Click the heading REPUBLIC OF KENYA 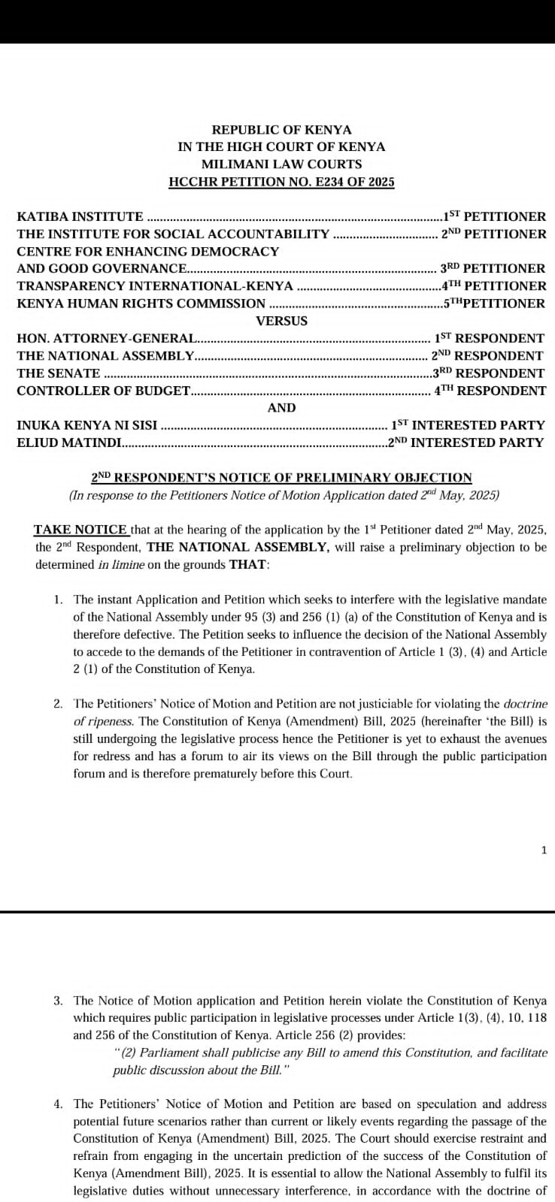tap(281, 130)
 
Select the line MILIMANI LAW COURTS tap(281, 165)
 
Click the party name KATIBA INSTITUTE tap(80, 216)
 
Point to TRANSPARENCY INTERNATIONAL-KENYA tap(155, 286)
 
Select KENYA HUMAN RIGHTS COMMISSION tap(141, 304)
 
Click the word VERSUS tap(281, 321)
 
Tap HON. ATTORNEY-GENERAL tap(106, 339)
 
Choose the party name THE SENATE tap(59, 373)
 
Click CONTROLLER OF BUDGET tap(103, 391)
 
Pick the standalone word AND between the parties tap(281, 408)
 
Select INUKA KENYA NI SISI tap(86, 425)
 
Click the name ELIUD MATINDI tap(68, 442)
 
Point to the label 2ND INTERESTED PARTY tap(466, 442)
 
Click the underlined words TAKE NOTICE tap(80, 529)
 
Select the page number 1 tap(544, 850)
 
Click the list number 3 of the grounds tap(58, 1001)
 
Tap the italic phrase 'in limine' tap(120, 564)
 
